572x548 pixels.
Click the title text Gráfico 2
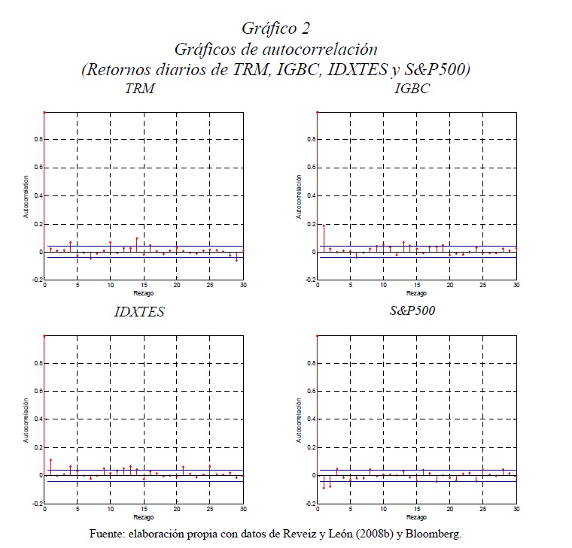[275, 28]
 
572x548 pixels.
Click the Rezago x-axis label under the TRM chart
[144, 294]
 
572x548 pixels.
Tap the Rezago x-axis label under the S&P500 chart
[417, 517]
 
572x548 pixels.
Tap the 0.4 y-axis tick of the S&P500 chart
[308, 419]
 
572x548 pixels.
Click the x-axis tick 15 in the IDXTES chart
[144, 510]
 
